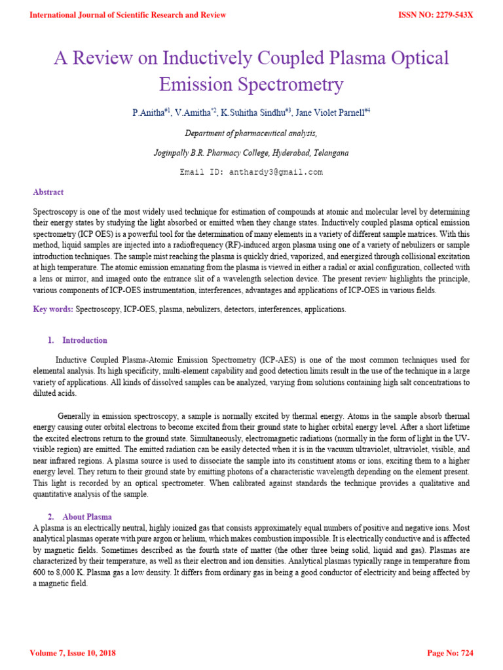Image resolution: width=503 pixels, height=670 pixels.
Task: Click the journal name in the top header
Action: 128,15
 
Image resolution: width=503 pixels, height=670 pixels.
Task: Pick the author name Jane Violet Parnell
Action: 324,113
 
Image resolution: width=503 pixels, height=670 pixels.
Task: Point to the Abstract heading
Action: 48,192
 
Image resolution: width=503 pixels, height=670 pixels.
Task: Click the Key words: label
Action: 53,309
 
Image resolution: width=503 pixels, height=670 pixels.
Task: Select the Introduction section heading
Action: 84,340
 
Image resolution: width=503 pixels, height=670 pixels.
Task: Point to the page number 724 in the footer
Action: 466,653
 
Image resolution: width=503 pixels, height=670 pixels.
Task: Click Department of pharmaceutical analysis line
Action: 251,133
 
